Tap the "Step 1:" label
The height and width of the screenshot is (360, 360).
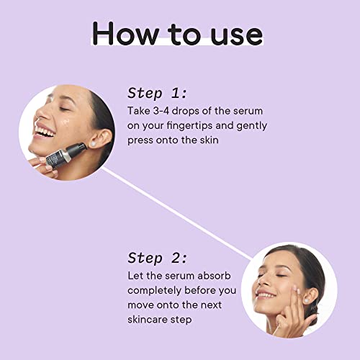click(x=157, y=93)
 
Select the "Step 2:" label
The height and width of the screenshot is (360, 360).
click(x=157, y=257)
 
